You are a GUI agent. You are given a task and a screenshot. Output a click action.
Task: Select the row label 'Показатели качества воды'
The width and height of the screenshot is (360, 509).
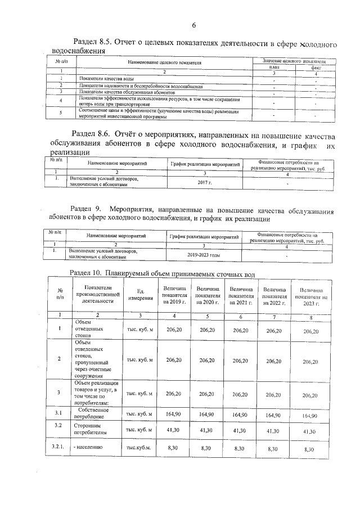pos(106,79)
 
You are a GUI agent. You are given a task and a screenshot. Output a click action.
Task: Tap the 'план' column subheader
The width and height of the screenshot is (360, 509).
pos(273,66)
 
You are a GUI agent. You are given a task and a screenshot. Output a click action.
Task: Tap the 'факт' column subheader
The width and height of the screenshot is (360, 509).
pos(316,66)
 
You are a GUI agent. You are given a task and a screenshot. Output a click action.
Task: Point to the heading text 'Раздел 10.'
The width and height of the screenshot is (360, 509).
pos(84,273)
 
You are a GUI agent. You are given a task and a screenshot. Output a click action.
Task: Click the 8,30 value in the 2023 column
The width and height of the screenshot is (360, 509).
pos(309,449)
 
